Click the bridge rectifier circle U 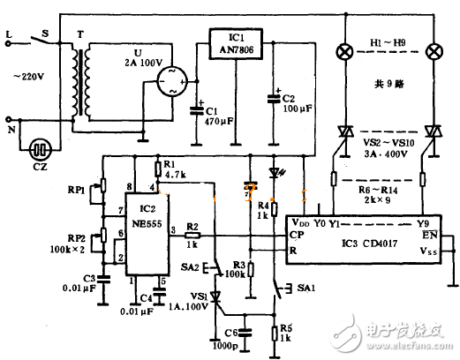[173, 85]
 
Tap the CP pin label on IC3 [298, 236]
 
